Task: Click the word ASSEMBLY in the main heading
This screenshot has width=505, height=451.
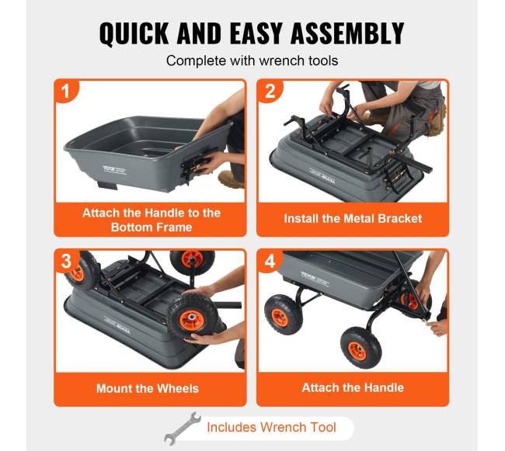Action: (347, 33)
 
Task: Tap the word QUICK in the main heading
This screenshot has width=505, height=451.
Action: (134, 33)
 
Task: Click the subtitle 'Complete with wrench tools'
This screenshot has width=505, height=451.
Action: (252, 61)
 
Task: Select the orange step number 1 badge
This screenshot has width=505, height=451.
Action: (66, 91)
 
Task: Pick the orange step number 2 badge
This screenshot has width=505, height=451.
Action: (270, 91)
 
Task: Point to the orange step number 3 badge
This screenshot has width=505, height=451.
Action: (66, 261)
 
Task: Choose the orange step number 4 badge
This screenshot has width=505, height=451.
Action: (270, 261)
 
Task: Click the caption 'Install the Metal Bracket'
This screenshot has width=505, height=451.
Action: (353, 219)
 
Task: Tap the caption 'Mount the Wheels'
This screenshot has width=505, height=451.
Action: (148, 389)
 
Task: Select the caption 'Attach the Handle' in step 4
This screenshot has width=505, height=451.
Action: (353, 387)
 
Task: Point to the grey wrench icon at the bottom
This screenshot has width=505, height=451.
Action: (182, 428)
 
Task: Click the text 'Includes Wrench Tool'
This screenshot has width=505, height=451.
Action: (271, 428)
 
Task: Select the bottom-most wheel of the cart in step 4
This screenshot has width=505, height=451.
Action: (360, 347)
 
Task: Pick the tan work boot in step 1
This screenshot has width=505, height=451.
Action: (231, 179)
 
